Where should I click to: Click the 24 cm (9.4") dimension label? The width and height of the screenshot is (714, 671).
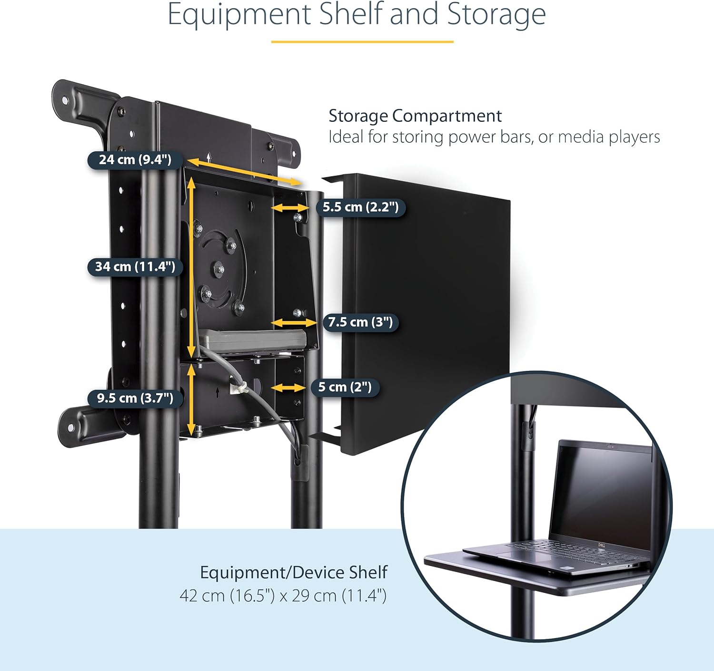point(135,160)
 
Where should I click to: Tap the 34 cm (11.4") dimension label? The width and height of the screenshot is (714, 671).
point(135,267)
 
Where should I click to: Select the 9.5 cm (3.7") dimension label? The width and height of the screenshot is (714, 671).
point(135,398)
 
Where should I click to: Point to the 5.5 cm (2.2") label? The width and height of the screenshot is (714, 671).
point(360,207)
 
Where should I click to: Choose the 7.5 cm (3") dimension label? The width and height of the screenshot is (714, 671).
point(360,322)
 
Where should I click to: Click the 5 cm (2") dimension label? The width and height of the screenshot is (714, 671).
point(345,387)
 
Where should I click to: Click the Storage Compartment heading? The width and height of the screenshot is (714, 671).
point(415,116)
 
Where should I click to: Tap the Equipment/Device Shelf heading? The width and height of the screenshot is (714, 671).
point(293,572)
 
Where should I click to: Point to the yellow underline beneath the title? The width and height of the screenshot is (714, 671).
point(362,42)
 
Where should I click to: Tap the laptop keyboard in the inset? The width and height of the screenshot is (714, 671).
point(571,552)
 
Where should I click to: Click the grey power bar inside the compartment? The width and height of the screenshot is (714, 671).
point(252,340)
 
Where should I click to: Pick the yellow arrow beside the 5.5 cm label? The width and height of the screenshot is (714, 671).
point(290,208)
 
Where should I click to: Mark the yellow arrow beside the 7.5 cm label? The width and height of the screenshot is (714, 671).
point(294,323)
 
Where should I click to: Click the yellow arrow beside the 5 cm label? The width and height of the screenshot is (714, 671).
point(288,388)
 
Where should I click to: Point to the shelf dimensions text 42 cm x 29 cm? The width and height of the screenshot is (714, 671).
point(283,595)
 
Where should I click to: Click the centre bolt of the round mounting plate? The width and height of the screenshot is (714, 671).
point(219,270)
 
